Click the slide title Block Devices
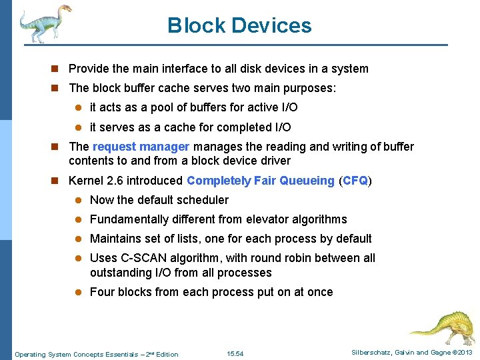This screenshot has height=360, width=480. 239,25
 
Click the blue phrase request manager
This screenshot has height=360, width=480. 141,147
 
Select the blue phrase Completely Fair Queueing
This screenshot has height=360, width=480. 261,181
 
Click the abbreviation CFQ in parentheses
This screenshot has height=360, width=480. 355,181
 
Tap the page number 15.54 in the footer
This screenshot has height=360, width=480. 235,354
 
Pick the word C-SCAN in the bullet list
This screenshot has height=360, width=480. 137,258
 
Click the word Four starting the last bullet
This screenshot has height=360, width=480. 102,292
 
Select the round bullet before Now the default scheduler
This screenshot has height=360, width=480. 77,200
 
